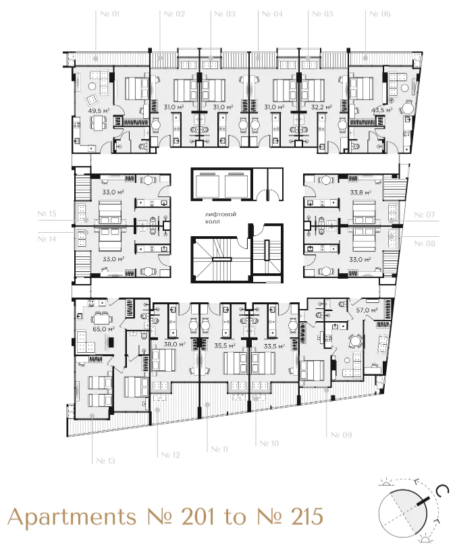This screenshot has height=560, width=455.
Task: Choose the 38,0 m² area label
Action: point(174,344)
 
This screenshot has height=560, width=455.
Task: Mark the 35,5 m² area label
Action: point(223,345)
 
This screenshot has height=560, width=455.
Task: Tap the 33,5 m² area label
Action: point(273,345)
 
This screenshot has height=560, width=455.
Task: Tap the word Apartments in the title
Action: point(71,517)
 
